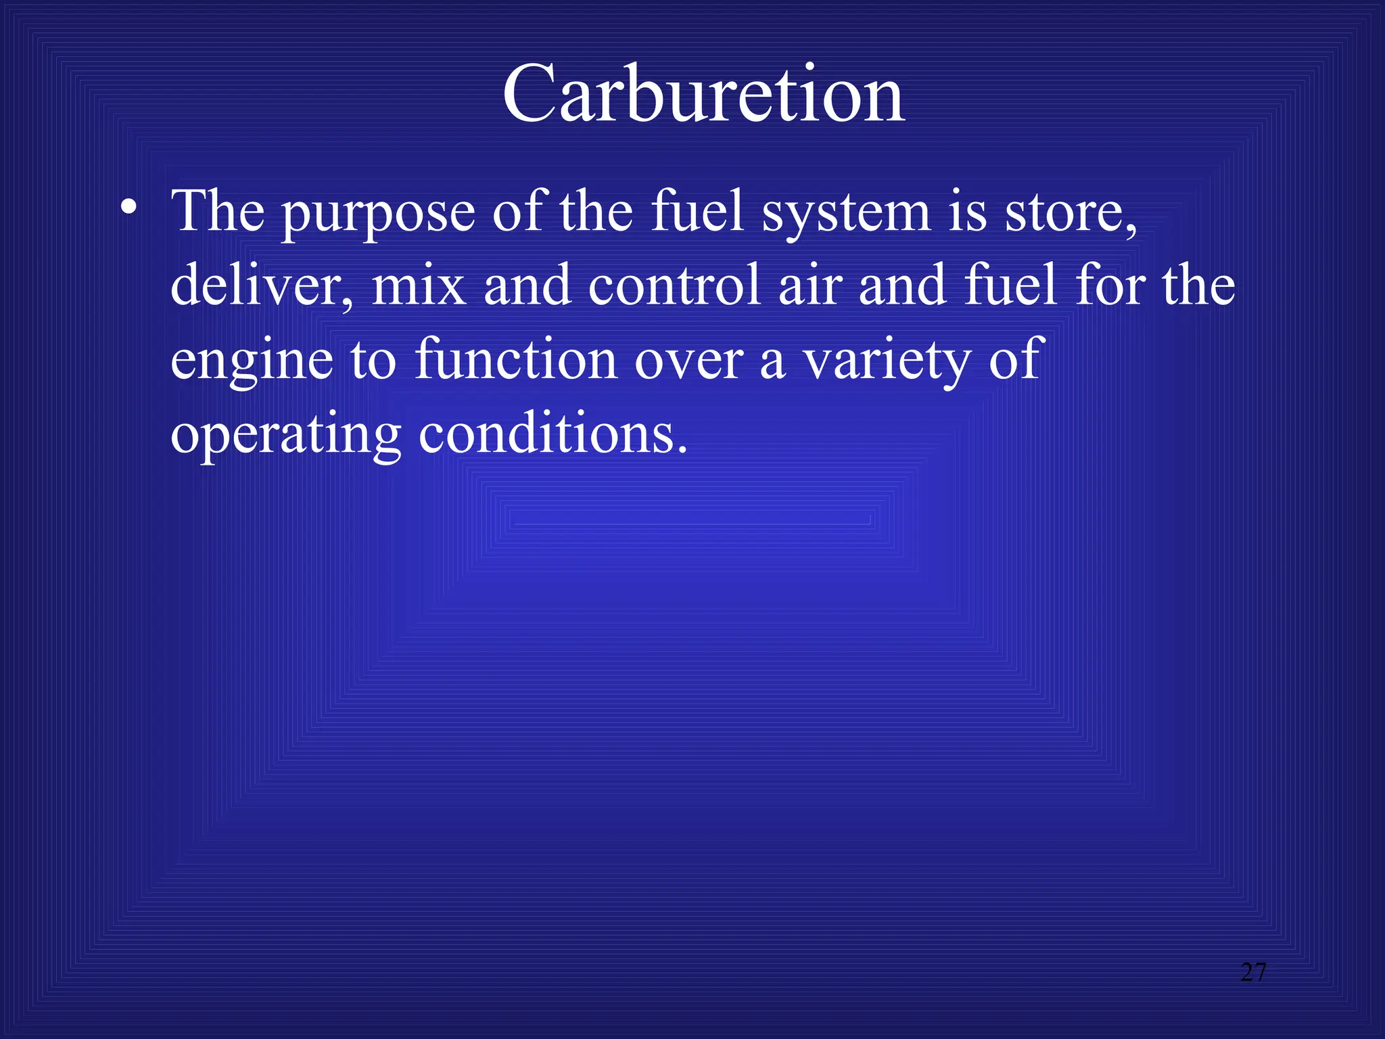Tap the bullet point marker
[x=128, y=207]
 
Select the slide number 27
[x=1253, y=972]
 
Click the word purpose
[x=379, y=214]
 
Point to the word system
[x=847, y=214]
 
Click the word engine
[x=252, y=361]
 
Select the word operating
[x=286, y=436]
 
